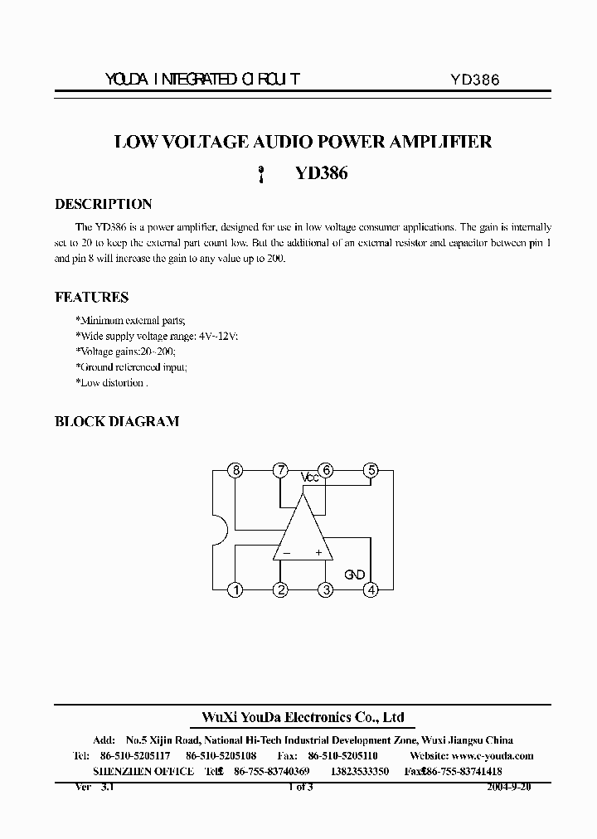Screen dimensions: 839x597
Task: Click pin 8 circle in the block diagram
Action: (x=236, y=471)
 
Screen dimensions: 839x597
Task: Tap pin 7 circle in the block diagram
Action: (x=281, y=471)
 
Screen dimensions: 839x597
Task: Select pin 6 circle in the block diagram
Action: (x=327, y=471)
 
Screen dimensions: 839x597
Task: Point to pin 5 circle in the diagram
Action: (x=371, y=471)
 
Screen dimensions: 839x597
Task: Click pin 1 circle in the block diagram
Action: (x=236, y=590)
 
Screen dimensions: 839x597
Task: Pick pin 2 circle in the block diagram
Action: (x=281, y=590)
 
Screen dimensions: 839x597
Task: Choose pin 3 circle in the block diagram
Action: (x=327, y=590)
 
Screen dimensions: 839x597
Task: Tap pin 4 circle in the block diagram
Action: (x=371, y=590)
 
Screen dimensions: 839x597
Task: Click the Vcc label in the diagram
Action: (x=309, y=478)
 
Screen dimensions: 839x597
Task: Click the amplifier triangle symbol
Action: (x=303, y=531)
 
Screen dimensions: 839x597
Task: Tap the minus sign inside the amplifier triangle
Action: (x=286, y=552)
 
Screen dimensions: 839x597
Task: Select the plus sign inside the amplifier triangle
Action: (x=318, y=552)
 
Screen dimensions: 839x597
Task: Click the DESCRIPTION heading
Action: (x=103, y=204)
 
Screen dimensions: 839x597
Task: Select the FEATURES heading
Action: (x=91, y=297)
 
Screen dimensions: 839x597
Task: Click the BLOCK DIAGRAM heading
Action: (x=116, y=421)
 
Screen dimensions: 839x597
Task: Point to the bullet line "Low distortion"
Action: (x=111, y=383)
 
